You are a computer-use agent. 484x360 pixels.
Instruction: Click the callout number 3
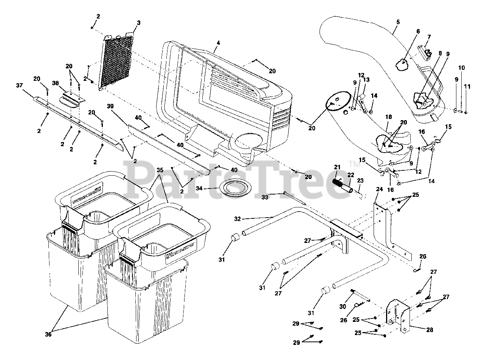[x=138, y=23]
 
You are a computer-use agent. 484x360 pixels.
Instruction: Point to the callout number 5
[x=397, y=22]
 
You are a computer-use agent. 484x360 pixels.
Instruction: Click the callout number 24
[x=379, y=188]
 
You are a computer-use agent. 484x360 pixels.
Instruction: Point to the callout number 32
[x=237, y=219]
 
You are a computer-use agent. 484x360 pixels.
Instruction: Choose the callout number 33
[x=264, y=197]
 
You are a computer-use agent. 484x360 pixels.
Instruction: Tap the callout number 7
[x=429, y=37]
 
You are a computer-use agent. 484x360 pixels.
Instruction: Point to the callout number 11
[x=467, y=87]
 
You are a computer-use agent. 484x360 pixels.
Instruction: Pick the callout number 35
[x=160, y=170]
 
